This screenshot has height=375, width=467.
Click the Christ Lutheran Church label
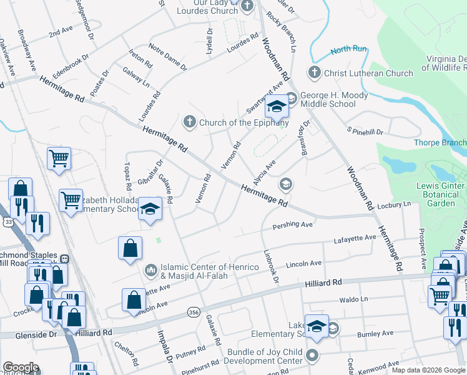[368, 73]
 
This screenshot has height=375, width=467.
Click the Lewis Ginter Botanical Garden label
[441, 193]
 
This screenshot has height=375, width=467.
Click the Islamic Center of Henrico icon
[150, 271]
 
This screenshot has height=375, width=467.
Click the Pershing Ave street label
[292, 224]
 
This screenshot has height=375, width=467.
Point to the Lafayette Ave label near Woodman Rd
[355, 238]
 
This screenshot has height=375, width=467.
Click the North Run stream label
[348, 49]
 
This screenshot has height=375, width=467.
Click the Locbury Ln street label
[394, 204]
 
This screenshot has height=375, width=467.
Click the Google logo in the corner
[20, 367]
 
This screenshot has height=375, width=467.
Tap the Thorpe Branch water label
[440, 142]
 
